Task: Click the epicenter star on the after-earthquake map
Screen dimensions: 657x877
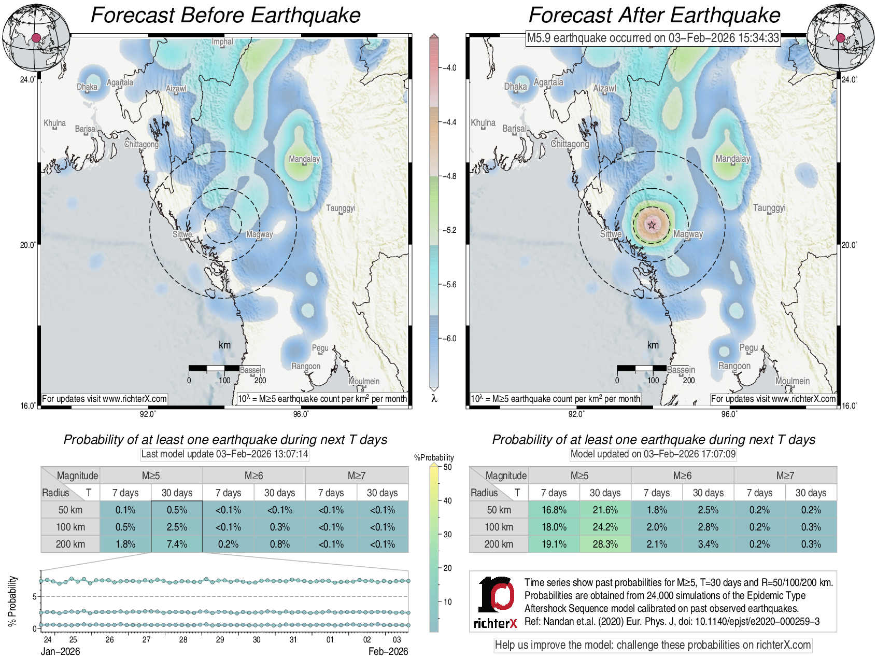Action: pyautogui.click(x=652, y=225)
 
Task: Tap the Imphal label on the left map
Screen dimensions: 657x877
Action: pyautogui.click(x=222, y=42)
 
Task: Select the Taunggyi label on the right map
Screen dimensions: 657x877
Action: pyautogui.click(x=769, y=208)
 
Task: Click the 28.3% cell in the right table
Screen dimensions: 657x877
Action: pyautogui.click(x=605, y=544)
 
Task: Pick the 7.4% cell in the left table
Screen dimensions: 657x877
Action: pyautogui.click(x=177, y=544)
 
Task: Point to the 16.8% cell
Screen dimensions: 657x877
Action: pyautogui.click(x=554, y=510)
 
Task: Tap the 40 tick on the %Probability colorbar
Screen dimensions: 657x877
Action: pyautogui.click(x=447, y=500)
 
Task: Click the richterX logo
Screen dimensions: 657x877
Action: pyautogui.click(x=496, y=602)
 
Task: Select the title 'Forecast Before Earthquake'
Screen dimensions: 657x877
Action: pyautogui.click(x=225, y=15)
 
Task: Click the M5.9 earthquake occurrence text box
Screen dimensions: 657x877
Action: pyautogui.click(x=653, y=38)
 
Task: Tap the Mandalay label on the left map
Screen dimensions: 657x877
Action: pyautogui.click(x=304, y=159)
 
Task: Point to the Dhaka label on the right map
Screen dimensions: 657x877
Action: pyautogui.click(x=515, y=87)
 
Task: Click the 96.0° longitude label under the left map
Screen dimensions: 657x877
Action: pyautogui.click(x=301, y=414)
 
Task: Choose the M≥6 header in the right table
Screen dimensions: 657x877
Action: pyautogui.click(x=682, y=476)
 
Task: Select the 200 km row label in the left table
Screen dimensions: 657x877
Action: pyautogui.click(x=70, y=544)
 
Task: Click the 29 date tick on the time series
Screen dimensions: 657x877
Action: pyautogui.click(x=220, y=639)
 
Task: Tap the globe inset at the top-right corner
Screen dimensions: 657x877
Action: pyautogui.click(x=841, y=38)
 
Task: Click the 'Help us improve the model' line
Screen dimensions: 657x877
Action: pyautogui.click(x=653, y=645)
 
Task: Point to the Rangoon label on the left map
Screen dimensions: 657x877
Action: pyautogui.click(x=306, y=366)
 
